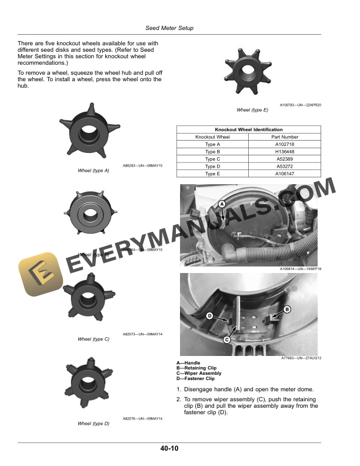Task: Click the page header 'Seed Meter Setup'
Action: tap(169, 28)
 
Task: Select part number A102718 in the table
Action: tap(286, 144)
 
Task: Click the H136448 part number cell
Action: tap(286, 151)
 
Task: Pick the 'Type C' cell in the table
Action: tap(212, 159)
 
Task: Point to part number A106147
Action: tap(286, 174)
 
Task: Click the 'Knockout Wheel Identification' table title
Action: tap(249, 129)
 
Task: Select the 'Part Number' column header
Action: tap(286, 137)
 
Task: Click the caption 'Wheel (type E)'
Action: tap(252, 110)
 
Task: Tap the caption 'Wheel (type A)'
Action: tap(94, 171)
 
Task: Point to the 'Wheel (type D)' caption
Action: tap(94, 424)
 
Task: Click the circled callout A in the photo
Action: tap(222, 204)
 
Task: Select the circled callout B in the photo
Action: tap(287, 309)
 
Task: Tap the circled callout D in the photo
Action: tap(209, 317)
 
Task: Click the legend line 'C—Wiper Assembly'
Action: tap(199, 374)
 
